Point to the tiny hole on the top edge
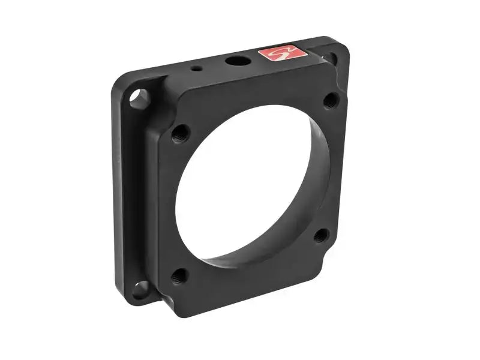coord(196,68)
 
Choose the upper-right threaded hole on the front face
coord(329,100)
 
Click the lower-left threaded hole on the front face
coord(178,277)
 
